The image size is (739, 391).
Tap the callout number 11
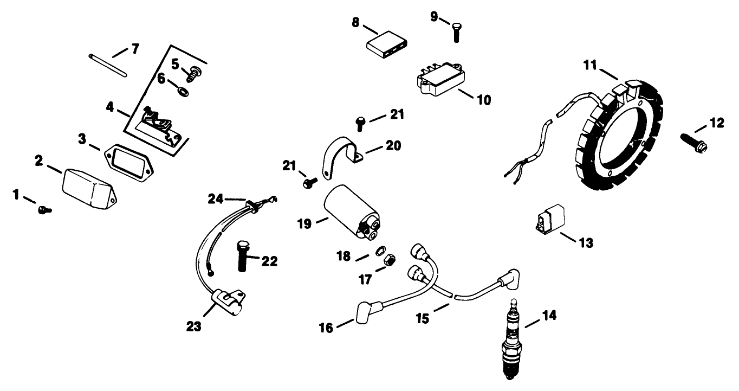pyautogui.click(x=590, y=65)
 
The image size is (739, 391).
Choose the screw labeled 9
pyautogui.click(x=455, y=31)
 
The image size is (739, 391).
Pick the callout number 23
pyautogui.click(x=194, y=326)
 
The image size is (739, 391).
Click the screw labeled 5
pyautogui.click(x=194, y=70)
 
